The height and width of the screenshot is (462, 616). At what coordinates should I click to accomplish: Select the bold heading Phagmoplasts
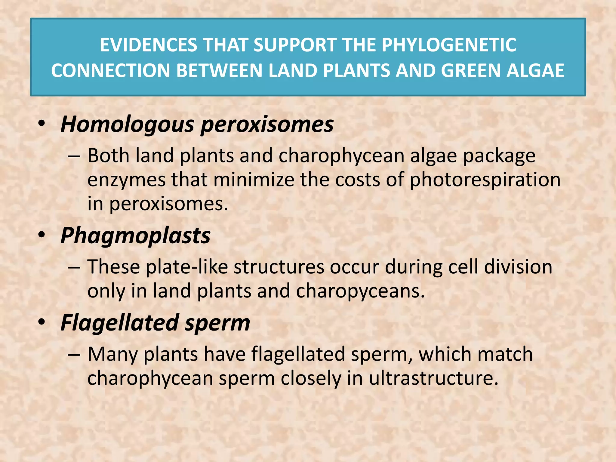135,236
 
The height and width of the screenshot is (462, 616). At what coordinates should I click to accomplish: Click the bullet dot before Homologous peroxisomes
42,124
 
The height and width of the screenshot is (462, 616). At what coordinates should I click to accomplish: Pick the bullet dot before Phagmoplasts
42,235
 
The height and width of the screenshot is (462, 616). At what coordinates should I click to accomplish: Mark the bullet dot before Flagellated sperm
42,322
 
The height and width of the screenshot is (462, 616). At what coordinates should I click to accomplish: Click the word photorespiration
485,180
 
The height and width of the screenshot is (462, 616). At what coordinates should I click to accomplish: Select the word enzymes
126,180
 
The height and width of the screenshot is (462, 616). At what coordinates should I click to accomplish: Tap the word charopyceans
360,291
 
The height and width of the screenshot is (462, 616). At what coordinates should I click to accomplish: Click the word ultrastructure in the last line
433,378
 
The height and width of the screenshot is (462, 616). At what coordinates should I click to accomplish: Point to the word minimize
254,180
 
